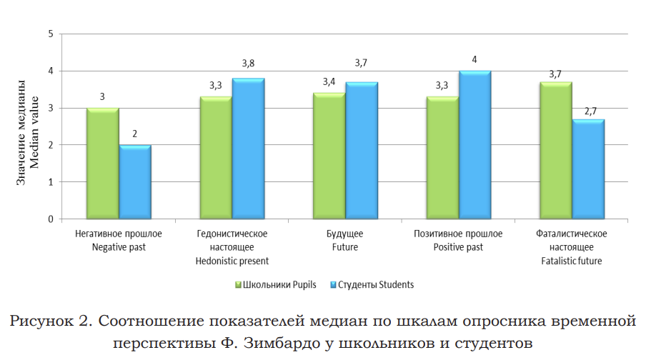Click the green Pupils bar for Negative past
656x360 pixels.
(x=102, y=164)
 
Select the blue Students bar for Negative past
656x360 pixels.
(x=135, y=182)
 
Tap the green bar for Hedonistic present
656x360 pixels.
(x=216, y=158)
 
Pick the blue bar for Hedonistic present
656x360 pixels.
(x=248, y=149)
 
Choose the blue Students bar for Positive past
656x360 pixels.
(x=474, y=145)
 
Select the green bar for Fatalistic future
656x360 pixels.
(x=555, y=151)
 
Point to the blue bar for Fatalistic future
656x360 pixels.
(x=588, y=169)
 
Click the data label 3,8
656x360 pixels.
(x=248, y=63)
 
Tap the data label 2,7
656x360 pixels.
(x=590, y=111)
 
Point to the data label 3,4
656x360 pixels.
(x=329, y=81)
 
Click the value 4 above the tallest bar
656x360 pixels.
(x=474, y=59)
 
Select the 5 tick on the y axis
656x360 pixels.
(x=50, y=34)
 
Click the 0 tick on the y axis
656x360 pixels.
(x=50, y=219)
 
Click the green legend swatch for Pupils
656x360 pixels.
(x=238, y=285)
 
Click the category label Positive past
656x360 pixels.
(x=458, y=247)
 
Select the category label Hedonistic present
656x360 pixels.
(x=232, y=261)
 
